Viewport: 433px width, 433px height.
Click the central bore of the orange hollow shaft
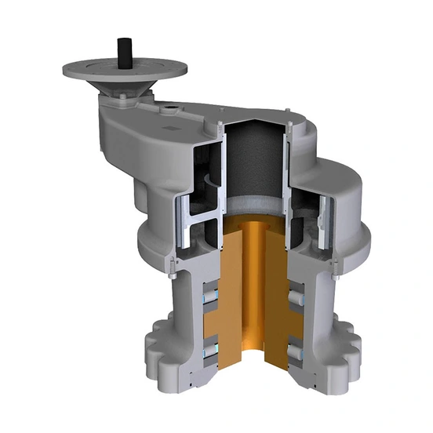tap(255, 298)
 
